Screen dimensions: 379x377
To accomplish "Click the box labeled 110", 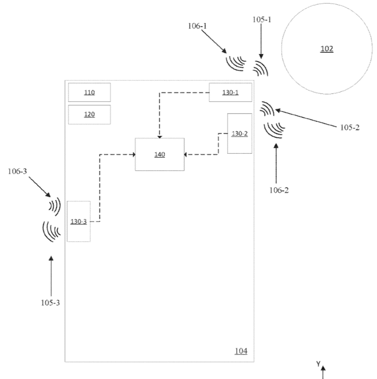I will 89,93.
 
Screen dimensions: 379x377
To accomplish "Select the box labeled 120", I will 89,115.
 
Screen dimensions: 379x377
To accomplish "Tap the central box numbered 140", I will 160,155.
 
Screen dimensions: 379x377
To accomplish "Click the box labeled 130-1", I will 230,93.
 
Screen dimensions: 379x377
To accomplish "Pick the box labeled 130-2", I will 239,133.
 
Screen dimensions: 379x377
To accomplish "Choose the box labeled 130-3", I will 79,221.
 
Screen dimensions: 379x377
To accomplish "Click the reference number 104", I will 241,351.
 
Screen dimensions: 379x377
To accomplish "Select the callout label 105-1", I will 262,20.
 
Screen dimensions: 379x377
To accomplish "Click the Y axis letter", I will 318,364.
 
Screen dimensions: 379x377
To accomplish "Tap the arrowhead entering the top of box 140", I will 160,137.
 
